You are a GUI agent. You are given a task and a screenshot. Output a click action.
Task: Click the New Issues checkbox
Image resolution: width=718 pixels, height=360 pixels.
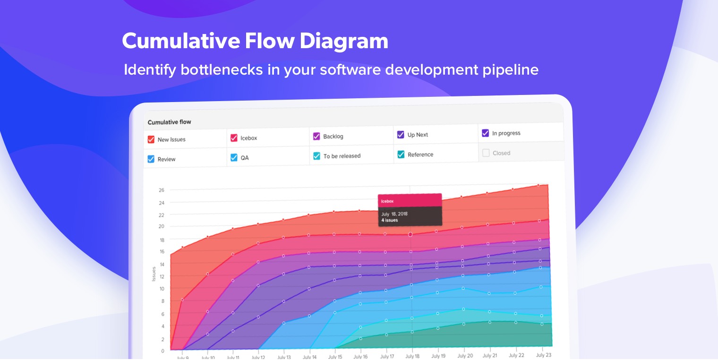pyautogui.click(x=151, y=139)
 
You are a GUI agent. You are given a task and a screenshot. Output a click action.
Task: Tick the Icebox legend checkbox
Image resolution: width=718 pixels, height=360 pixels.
pyautogui.click(x=234, y=138)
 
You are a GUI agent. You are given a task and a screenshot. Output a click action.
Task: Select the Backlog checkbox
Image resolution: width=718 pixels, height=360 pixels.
pyautogui.click(x=316, y=136)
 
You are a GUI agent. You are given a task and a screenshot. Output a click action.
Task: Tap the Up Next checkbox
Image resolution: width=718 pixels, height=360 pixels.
pyautogui.click(x=401, y=135)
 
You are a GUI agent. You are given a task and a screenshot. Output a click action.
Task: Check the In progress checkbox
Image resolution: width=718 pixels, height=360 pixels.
pyautogui.click(x=485, y=133)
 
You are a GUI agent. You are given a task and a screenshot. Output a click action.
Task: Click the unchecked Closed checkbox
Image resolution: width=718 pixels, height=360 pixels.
pyautogui.click(x=486, y=153)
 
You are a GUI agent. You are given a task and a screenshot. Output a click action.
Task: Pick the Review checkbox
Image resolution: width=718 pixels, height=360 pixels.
pyautogui.click(x=151, y=159)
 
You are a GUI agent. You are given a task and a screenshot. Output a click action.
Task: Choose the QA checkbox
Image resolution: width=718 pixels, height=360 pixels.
pyautogui.click(x=234, y=157)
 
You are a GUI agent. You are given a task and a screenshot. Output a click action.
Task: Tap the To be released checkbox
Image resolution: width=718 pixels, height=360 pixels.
pyautogui.click(x=316, y=156)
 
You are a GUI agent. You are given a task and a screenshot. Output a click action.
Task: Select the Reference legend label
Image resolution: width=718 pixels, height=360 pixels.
pyautogui.click(x=420, y=154)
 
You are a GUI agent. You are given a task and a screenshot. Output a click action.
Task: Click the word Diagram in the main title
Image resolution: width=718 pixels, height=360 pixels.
pyautogui.click(x=343, y=42)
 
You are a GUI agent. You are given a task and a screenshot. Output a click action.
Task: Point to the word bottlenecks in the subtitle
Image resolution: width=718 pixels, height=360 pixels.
pyautogui.click(x=222, y=69)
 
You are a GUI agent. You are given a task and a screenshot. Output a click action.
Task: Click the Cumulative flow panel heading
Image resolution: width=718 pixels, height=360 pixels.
pyautogui.click(x=169, y=122)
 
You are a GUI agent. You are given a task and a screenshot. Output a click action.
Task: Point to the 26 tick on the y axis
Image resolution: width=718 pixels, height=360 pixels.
pyautogui.click(x=161, y=190)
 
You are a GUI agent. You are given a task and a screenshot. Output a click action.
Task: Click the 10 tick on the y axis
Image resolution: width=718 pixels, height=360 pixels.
pyautogui.click(x=162, y=289)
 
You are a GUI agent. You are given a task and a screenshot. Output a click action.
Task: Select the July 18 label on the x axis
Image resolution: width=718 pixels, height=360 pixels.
pyautogui.click(x=412, y=356)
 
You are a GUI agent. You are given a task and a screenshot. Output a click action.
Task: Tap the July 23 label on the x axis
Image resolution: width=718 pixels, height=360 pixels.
pyautogui.click(x=544, y=355)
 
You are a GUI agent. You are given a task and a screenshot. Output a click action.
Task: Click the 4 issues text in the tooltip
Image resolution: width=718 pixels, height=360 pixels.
pyautogui.click(x=389, y=220)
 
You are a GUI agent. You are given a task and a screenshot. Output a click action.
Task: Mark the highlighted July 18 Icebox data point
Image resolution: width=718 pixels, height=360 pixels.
pyautogui.click(x=410, y=235)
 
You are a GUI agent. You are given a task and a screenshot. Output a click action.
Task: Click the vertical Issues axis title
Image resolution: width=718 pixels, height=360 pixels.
pyautogui.click(x=154, y=274)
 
